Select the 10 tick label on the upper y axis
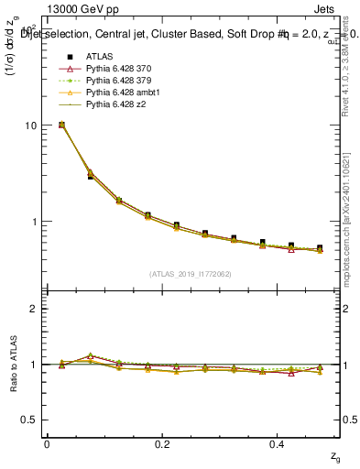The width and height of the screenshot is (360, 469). tap(30, 125)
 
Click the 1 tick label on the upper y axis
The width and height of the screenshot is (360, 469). tap(33, 222)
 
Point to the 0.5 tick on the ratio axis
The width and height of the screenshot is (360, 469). tap(29, 420)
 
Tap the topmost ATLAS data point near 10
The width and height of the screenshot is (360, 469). tap(61, 125)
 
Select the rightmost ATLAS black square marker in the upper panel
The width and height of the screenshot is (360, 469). tap(320, 248)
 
